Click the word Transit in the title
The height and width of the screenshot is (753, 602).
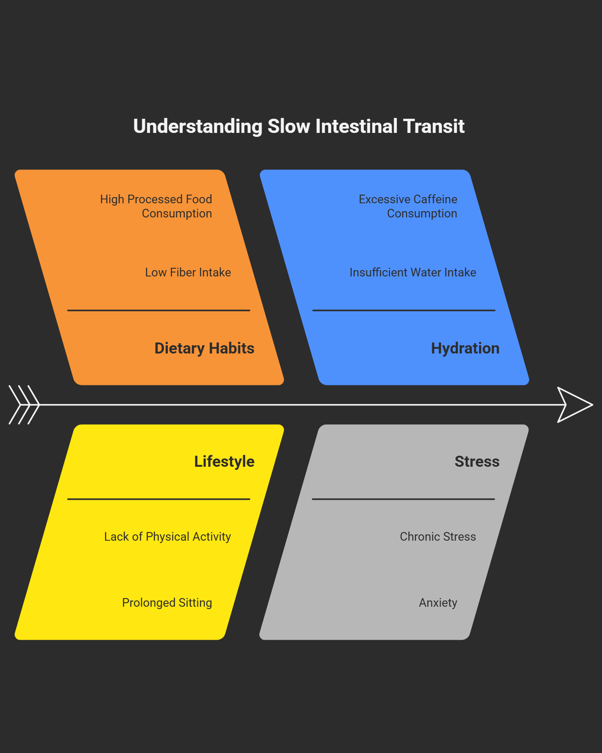pos(433,127)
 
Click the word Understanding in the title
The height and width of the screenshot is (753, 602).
pos(198,127)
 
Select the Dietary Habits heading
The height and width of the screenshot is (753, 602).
pos(204,348)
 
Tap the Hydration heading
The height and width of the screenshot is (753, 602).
pos(465,348)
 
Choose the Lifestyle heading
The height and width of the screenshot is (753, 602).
pos(224,462)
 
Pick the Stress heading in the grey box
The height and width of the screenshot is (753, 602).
pos(477,462)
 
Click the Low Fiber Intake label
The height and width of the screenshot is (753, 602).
pos(188,272)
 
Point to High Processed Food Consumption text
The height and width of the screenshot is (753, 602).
pos(156,206)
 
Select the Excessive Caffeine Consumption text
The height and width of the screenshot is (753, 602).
pos(408,206)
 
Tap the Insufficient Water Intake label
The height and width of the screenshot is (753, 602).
pos(413,272)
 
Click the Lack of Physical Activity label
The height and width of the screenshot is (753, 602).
pos(167,537)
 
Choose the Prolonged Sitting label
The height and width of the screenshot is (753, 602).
pos(167,603)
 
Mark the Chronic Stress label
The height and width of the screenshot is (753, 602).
pos(438,537)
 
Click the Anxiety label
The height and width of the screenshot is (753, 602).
pos(438,603)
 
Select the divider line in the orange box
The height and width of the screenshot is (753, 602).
pos(159,310)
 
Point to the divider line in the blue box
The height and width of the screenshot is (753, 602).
pos(404,310)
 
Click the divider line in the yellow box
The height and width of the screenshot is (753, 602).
pos(159,499)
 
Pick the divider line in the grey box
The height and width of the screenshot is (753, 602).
pos(403,499)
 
